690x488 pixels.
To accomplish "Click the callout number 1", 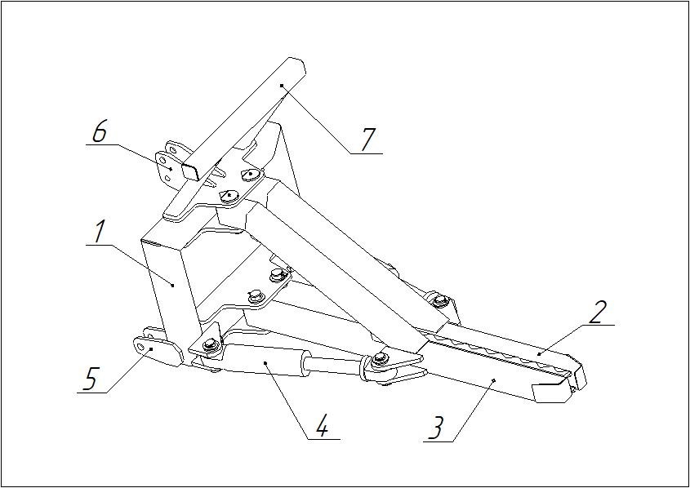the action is click(100, 232).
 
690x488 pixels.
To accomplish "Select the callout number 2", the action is click(599, 313).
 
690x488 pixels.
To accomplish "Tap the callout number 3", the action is click(436, 428).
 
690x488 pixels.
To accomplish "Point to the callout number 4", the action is click(322, 425).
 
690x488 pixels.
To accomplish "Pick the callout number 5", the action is click(90, 379).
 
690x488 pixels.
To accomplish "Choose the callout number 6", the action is click(100, 131).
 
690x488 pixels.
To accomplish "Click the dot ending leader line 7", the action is click(282, 86).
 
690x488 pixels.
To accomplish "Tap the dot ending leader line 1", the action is click(173, 286).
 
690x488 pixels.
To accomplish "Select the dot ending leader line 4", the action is click(265, 362).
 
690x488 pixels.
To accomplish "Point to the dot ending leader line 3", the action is click(494, 380).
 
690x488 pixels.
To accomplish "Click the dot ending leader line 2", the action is click(539, 353).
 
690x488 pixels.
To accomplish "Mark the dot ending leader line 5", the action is click(151, 349).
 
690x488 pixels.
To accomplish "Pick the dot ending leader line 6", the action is click(171, 169).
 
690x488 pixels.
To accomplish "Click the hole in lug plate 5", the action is click(140, 348).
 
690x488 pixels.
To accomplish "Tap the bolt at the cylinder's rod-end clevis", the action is click(379, 359).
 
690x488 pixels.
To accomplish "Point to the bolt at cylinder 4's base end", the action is click(211, 344).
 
